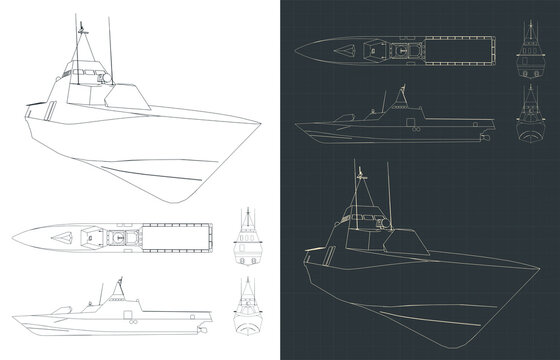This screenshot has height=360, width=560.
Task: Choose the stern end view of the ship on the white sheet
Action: (x=246, y=240)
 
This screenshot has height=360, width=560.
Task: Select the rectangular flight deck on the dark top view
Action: (x=457, y=47)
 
